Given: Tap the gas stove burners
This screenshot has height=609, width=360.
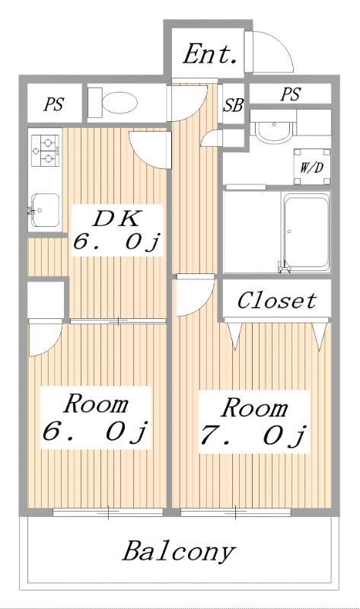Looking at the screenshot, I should [44, 149].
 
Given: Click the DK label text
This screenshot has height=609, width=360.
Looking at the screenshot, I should [116, 218].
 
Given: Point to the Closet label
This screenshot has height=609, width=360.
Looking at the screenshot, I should [276, 300].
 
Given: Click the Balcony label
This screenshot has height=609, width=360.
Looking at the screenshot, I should [180, 550].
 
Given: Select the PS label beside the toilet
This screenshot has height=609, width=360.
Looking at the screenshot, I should [53, 105].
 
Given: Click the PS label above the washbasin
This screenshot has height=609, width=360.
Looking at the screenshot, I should [290, 94].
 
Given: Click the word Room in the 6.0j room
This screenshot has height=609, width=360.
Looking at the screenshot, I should [95, 403].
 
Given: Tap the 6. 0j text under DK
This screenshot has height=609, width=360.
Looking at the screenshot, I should [116, 243].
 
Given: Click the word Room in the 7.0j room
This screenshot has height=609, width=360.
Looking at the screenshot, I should [255, 408].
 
